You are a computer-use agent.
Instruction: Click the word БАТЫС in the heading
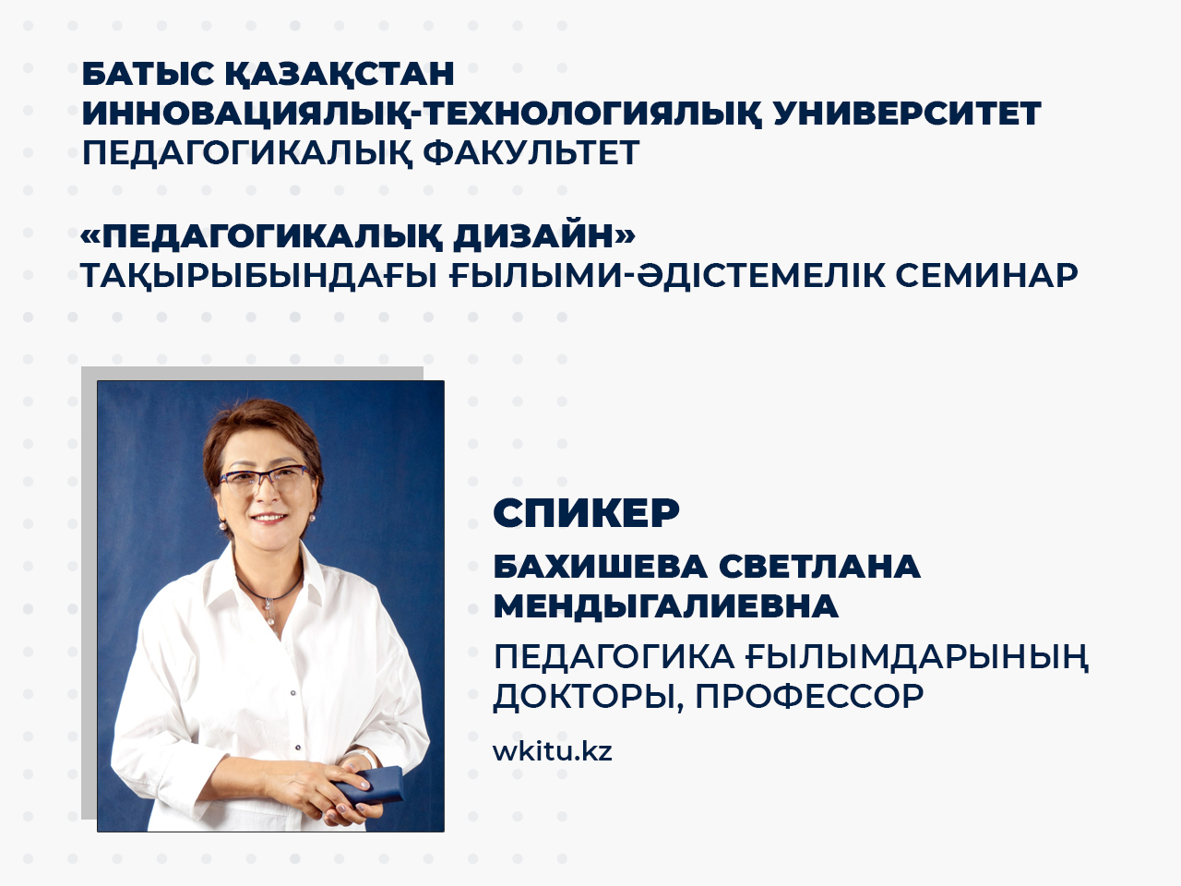coord(148,74)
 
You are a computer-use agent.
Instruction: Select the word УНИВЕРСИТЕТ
coord(907,113)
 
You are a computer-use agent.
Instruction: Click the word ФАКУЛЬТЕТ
coord(531,153)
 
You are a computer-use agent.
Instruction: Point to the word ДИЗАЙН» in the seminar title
coord(544,235)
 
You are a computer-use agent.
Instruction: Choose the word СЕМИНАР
coord(986,276)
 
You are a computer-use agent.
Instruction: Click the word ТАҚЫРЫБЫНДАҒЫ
coord(259,277)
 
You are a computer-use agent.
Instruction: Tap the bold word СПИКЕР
coord(587,513)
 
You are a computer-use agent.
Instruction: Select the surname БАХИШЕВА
coord(600,567)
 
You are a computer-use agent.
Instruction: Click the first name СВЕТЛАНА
coord(819,567)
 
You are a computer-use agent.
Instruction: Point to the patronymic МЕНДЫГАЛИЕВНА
coord(666,606)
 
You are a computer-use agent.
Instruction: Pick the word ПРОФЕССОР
coord(810,697)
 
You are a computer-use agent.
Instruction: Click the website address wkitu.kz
coord(553,750)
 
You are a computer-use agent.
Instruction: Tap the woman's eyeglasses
coord(265,479)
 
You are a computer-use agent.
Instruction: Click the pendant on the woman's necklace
coord(269,612)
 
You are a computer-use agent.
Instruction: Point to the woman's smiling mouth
coord(269,518)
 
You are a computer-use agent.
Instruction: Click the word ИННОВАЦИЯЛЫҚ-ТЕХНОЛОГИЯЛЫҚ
coord(422,114)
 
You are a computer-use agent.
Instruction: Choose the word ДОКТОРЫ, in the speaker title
coord(589,698)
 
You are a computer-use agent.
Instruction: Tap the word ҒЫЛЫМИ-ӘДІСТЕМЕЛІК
coord(667,276)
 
